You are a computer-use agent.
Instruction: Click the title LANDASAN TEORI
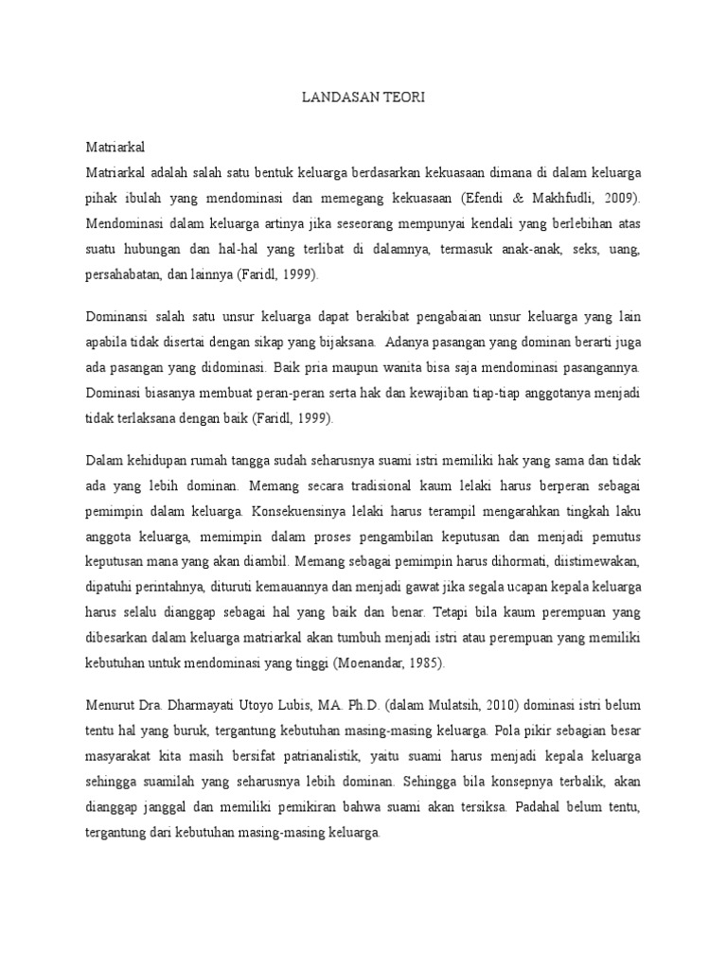363,97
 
